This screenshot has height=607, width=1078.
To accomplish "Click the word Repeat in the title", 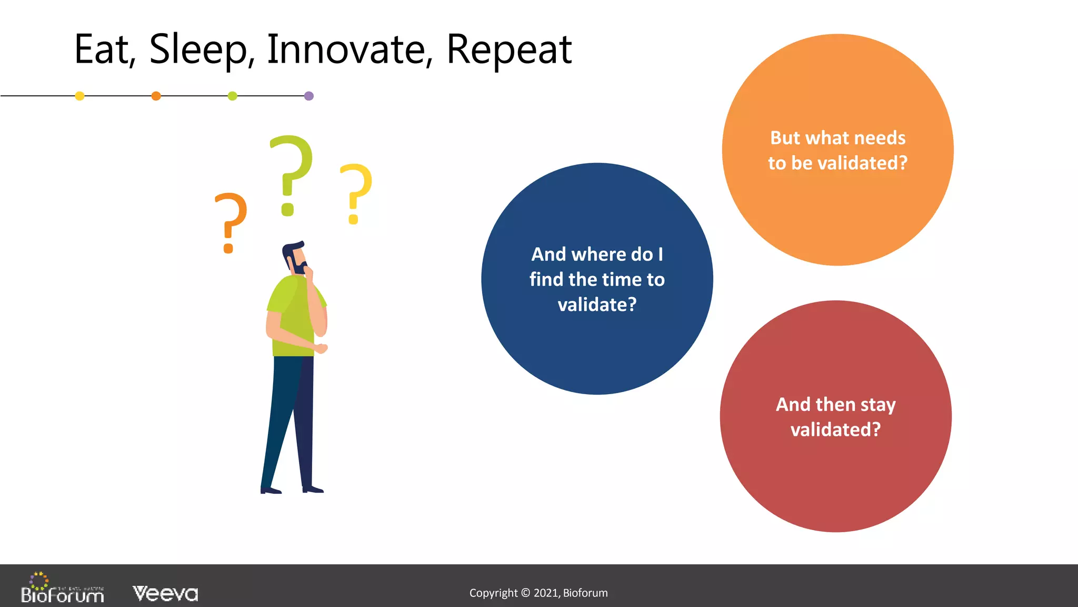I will tap(508, 50).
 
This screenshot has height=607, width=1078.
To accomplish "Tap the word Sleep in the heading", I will tap(198, 50).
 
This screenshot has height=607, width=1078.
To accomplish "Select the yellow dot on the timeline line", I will tap(80, 96).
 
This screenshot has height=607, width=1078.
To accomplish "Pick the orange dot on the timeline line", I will tap(156, 96).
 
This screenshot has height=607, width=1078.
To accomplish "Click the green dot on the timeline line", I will tap(232, 96).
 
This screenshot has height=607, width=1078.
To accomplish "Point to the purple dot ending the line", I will tap(309, 96).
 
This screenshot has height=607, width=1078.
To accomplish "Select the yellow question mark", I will tap(356, 190).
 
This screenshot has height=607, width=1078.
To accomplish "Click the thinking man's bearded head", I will tap(295, 257).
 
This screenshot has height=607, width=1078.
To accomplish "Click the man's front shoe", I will tap(313, 489).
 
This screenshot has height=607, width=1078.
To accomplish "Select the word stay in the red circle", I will tap(878, 405).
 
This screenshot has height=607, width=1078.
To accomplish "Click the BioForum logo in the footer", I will tap(62, 589).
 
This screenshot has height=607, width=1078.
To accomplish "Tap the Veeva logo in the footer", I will tap(165, 594).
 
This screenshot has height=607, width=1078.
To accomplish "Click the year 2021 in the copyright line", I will tap(545, 593).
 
